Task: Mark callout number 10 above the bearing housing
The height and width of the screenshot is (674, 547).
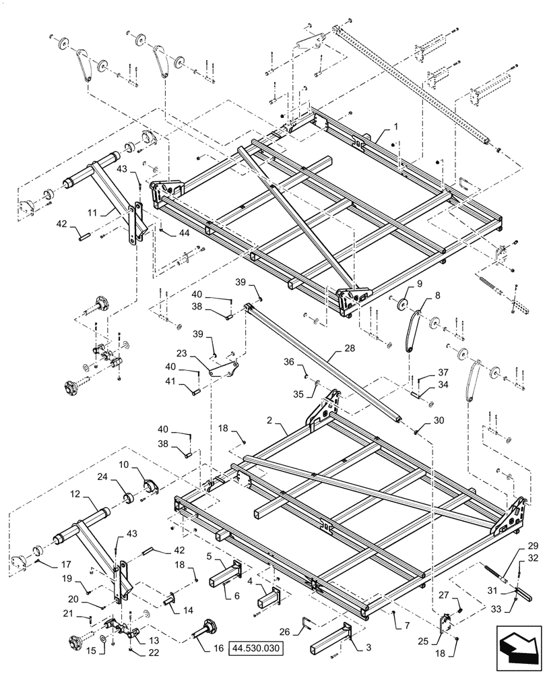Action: (x=125, y=465)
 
